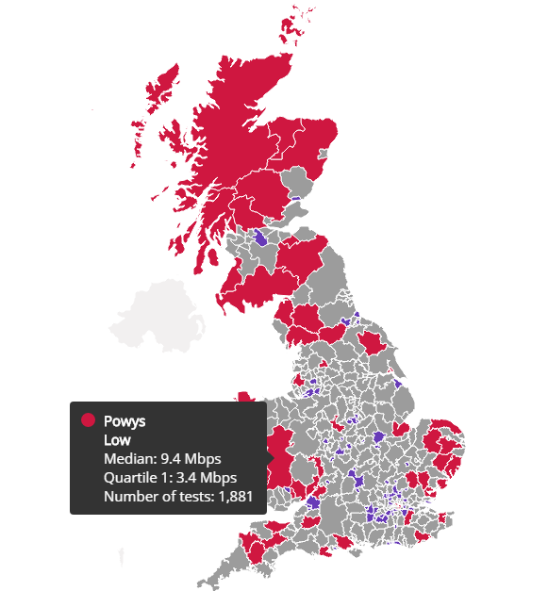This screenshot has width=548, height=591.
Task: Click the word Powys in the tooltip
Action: pos(124,420)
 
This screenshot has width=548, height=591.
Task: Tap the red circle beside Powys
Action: pos(88,420)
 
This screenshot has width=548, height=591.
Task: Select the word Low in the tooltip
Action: pos(117,439)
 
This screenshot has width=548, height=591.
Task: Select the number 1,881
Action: pos(236,497)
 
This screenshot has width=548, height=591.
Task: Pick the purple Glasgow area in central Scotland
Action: pos(262,237)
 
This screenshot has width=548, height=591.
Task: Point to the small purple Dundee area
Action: pos(298,199)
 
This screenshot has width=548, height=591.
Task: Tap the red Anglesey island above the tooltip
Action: pos(246,397)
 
